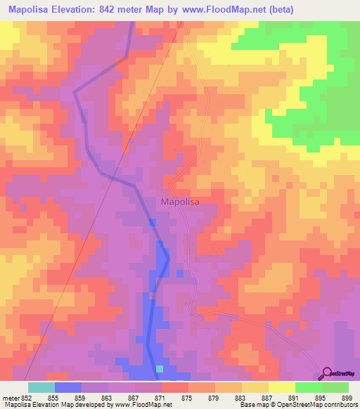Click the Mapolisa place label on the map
pos(180,202)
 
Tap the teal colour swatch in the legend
pos(41,387)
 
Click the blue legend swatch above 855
pos(68,387)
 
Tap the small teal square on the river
pos(160,368)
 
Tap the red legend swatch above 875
pos(175,387)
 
